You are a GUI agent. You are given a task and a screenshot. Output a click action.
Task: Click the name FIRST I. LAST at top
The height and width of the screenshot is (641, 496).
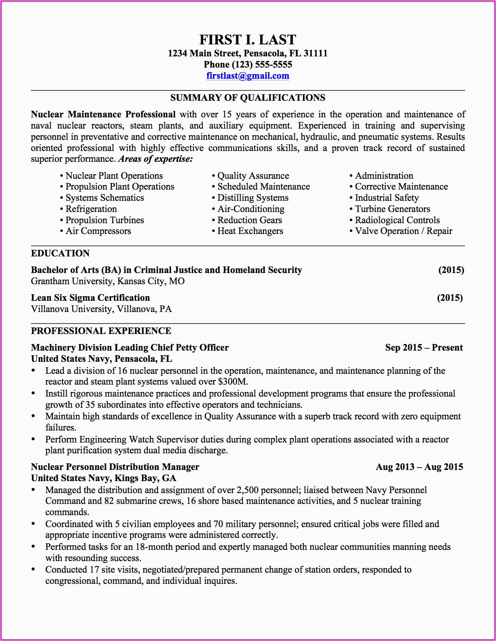247,40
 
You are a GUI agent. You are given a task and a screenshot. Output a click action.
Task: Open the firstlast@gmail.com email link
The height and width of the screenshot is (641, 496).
247,76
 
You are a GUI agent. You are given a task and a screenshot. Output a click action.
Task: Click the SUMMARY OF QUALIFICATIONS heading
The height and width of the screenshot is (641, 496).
247,98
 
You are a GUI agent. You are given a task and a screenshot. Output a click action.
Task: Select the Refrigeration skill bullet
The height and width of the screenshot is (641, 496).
91,209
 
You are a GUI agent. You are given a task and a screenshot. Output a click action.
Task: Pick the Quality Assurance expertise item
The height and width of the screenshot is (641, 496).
253,176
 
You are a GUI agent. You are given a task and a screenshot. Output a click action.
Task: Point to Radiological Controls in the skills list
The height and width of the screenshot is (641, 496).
397,220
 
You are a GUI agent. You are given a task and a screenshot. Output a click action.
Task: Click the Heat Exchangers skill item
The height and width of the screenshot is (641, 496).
250,231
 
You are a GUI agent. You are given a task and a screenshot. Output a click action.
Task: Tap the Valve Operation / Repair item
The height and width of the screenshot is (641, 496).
403,231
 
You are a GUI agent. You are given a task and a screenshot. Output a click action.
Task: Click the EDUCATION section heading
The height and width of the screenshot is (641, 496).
60,253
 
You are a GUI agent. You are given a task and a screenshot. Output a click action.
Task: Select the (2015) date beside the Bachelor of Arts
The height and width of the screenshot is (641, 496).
451,270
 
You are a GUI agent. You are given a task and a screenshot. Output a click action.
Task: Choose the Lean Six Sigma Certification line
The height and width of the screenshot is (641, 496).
90,298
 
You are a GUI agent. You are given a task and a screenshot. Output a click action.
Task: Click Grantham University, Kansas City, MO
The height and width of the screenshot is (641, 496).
108,281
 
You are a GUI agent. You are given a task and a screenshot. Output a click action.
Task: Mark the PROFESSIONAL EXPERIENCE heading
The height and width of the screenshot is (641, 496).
101,331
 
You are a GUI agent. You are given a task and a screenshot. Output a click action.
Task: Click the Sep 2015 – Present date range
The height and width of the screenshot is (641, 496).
424,348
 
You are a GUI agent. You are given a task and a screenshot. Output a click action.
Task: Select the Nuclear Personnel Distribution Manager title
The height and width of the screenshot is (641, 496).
115,467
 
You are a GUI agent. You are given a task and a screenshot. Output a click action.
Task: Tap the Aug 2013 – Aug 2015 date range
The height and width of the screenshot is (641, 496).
419,467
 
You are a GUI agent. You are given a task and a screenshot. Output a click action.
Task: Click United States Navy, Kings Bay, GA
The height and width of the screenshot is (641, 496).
103,478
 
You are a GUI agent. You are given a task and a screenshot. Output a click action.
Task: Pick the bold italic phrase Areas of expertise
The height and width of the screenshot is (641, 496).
155,159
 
